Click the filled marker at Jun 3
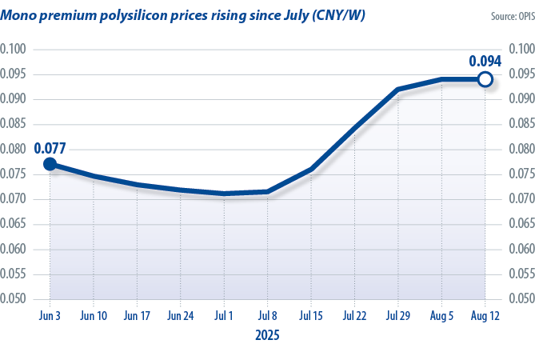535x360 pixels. (x=50, y=164)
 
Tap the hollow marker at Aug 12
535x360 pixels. (x=484, y=79)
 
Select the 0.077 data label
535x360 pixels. (x=50, y=148)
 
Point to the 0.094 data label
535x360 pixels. (x=485, y=61)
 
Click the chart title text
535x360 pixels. (x=183, y=15)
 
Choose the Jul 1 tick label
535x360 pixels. (x=225, y=316)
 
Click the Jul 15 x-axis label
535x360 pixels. (x=311, y=316)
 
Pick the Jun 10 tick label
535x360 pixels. (x=94, y=316)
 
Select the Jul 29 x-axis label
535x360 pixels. (x=397, y=316)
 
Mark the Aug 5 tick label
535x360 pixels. (x=441, y=316)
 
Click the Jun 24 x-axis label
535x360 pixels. (x=181, y=316)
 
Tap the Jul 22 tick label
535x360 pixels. (x=354, y=316)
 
